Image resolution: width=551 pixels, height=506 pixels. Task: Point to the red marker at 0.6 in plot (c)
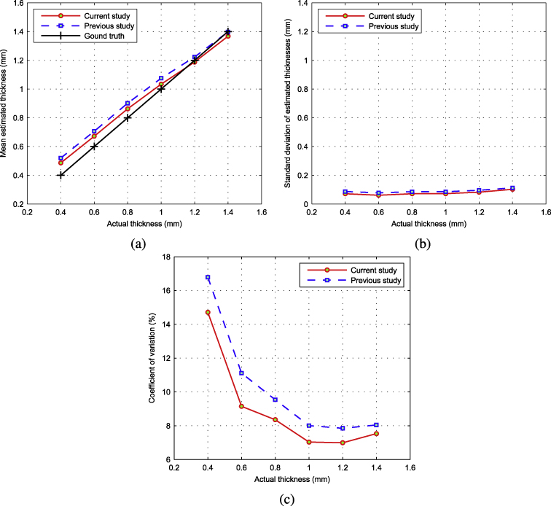(241, 407)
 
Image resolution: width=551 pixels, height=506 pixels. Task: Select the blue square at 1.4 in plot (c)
(376, 424)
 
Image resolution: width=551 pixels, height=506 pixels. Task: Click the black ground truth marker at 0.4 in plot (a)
(60, 175)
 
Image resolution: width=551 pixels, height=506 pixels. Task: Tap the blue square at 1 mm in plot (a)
(161, 79)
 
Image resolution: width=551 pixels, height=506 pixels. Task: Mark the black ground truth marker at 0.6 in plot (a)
(94, 146)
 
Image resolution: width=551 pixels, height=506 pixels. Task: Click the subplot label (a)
(136, 244)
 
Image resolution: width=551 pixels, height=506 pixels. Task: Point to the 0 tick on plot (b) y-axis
(303, 204)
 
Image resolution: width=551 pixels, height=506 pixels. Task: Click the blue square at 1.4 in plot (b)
(512, 188)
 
